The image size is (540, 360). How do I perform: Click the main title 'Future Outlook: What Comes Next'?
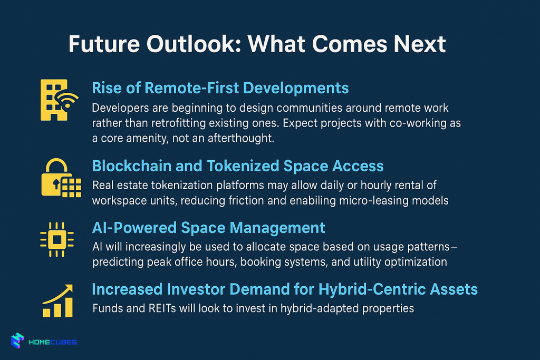(x=257, y=45)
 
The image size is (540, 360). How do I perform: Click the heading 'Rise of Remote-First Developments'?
(x=220, y=87)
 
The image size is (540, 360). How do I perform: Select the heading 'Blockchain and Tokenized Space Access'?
(x=238, y=166)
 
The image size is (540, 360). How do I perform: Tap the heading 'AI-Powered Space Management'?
(x=208, y=228)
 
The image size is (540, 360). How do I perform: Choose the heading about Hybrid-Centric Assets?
(x=285, y=289)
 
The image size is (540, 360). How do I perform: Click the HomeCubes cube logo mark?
(x=18, y=342)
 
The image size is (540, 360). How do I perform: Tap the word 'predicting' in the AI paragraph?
(x=116, y=262)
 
